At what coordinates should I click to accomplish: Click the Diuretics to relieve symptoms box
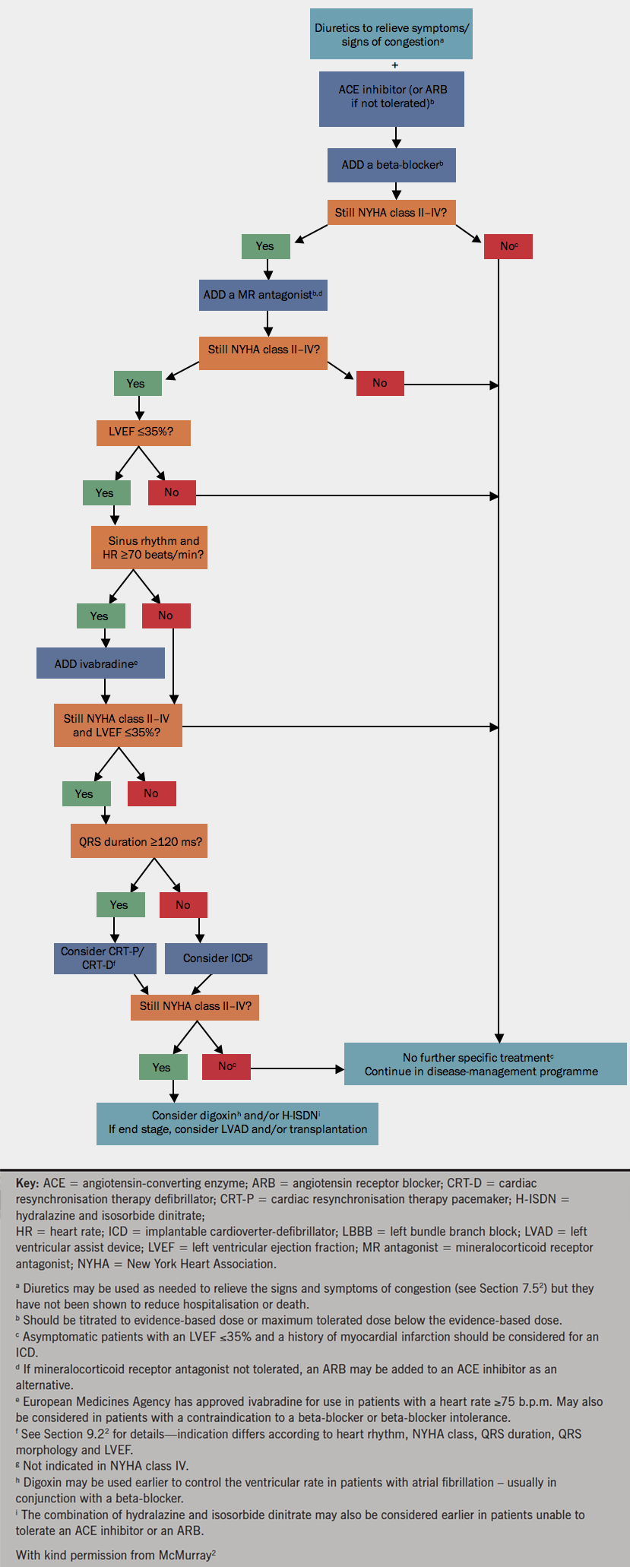click(x=391, y=34)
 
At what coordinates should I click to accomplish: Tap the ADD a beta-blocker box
click(x=391, y=165)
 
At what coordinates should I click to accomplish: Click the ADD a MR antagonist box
click(x=263, y=295)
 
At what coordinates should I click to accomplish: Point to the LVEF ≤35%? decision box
click(x=143, y=432)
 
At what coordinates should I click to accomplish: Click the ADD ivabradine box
click(x=100, y=663)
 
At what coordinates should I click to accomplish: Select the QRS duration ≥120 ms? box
click(x=140, y=842)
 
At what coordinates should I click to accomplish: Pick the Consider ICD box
click(x=216, y=958)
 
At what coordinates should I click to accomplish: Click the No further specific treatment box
click(x=485, y=1064)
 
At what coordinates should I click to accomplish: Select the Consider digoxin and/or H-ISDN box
click(x=237, y=1122)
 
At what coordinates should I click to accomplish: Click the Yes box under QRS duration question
click(x=119, y=904)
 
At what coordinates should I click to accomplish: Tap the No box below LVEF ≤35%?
click(x=172, y=492)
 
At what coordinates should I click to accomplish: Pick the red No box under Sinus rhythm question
click(x=166, y=616)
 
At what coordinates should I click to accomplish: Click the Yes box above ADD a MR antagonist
click(x=265, y=246)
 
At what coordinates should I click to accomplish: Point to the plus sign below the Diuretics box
click(x=395, y=65)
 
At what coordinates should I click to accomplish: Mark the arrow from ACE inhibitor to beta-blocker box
click(x=395, y=138)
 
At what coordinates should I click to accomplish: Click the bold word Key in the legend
click(x=27, y=1183)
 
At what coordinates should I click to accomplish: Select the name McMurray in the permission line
click(x=185, y=1556)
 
